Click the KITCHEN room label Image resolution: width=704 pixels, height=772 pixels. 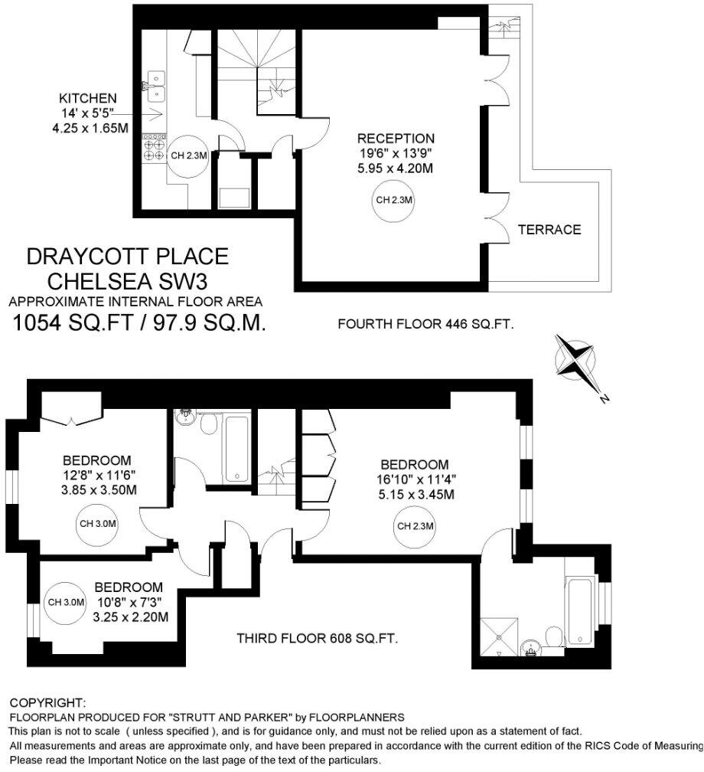click(88, 99)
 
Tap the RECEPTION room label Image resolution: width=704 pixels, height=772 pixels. click(396, 139)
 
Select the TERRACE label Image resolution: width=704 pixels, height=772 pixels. click(549, 229)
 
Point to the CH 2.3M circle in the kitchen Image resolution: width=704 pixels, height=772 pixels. click(188, 155)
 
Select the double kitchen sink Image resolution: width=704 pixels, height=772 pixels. click(158, 86)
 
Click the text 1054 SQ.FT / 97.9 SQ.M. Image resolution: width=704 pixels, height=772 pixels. click(140, 323)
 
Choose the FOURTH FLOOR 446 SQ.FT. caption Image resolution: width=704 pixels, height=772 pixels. click(425, 324)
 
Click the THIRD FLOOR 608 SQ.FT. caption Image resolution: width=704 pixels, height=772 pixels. click(318, 638)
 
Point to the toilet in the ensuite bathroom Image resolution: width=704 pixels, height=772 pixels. click(552, 637)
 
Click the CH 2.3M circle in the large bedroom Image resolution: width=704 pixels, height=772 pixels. click(416, 526)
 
